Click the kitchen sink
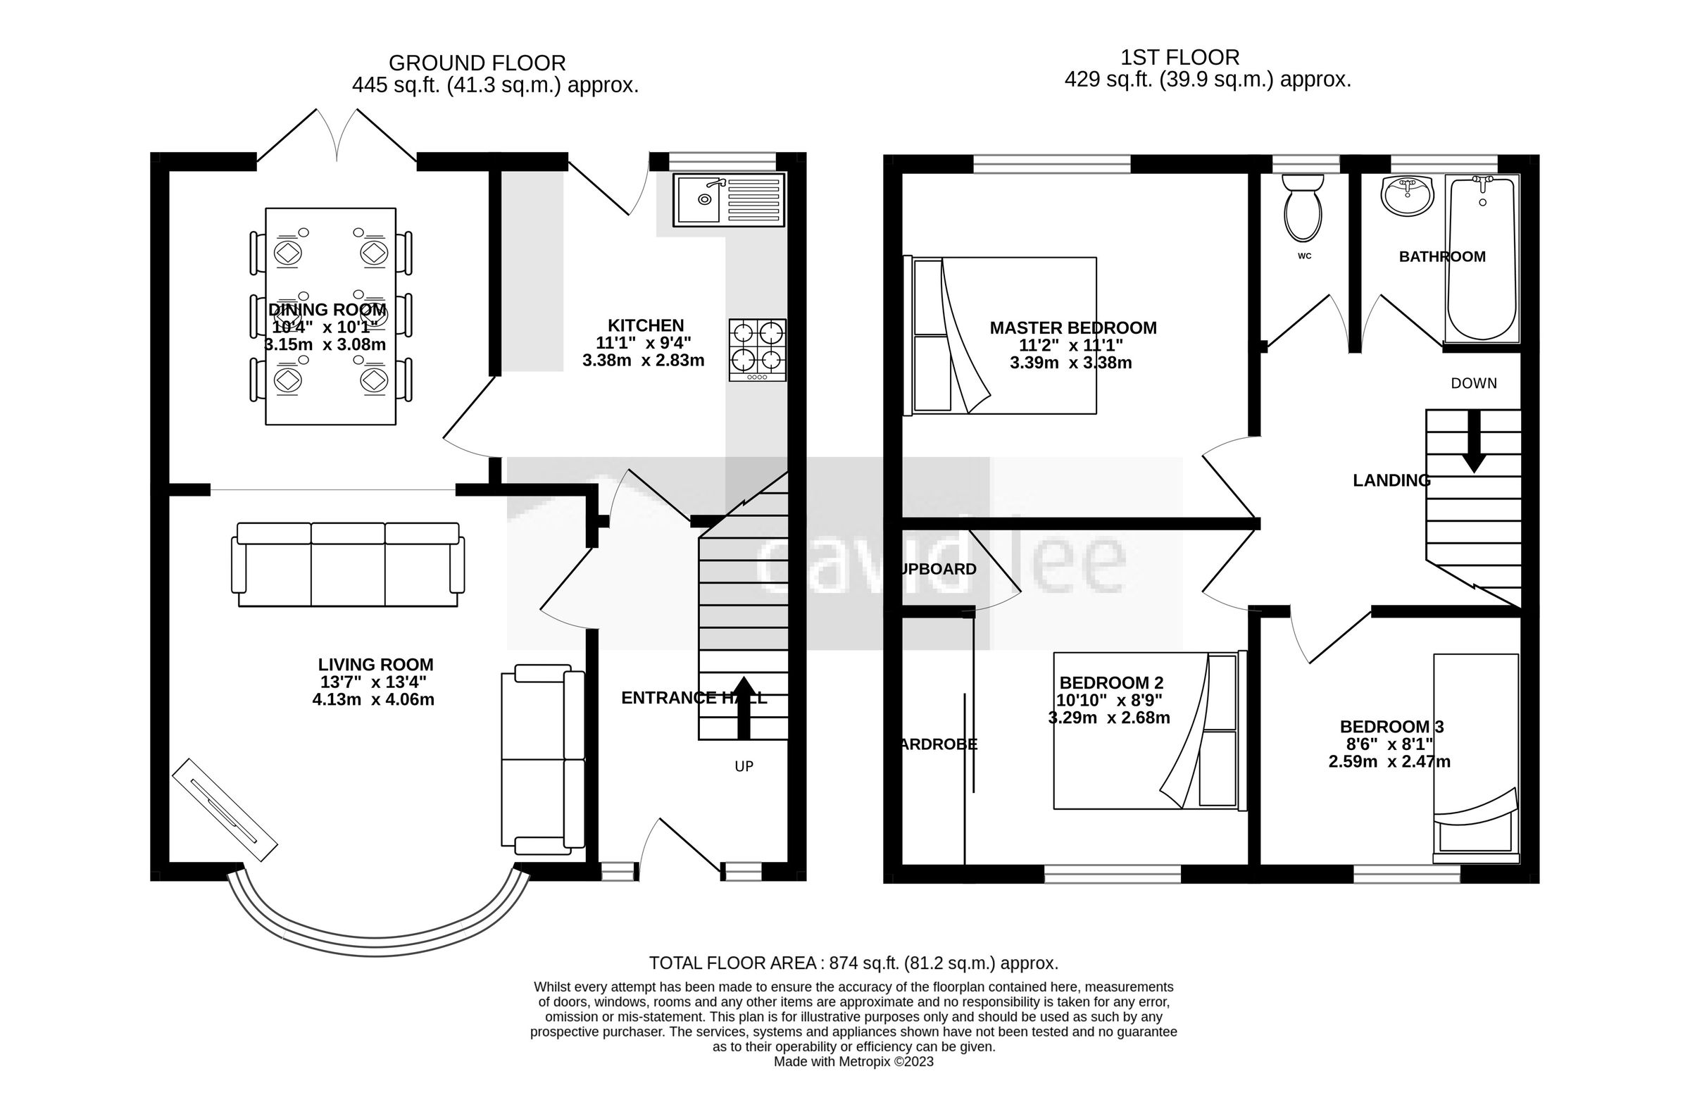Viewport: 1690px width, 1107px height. pos(729,199)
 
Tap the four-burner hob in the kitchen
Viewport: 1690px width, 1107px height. pos(757,349)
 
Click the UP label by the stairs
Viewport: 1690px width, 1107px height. pos(744,766)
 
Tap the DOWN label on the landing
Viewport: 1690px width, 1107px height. pos(1473,384)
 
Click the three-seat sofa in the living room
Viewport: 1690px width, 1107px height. pos(348,565)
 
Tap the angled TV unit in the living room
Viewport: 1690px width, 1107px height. pos(225,811)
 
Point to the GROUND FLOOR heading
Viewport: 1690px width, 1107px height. pos(477,63)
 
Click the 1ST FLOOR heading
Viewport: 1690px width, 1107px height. pos(1179,57)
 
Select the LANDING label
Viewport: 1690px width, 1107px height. pos(1391,481)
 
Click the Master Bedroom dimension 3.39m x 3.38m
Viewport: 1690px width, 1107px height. pos(1071,363)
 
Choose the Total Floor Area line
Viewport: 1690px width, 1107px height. pos(853,963)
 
